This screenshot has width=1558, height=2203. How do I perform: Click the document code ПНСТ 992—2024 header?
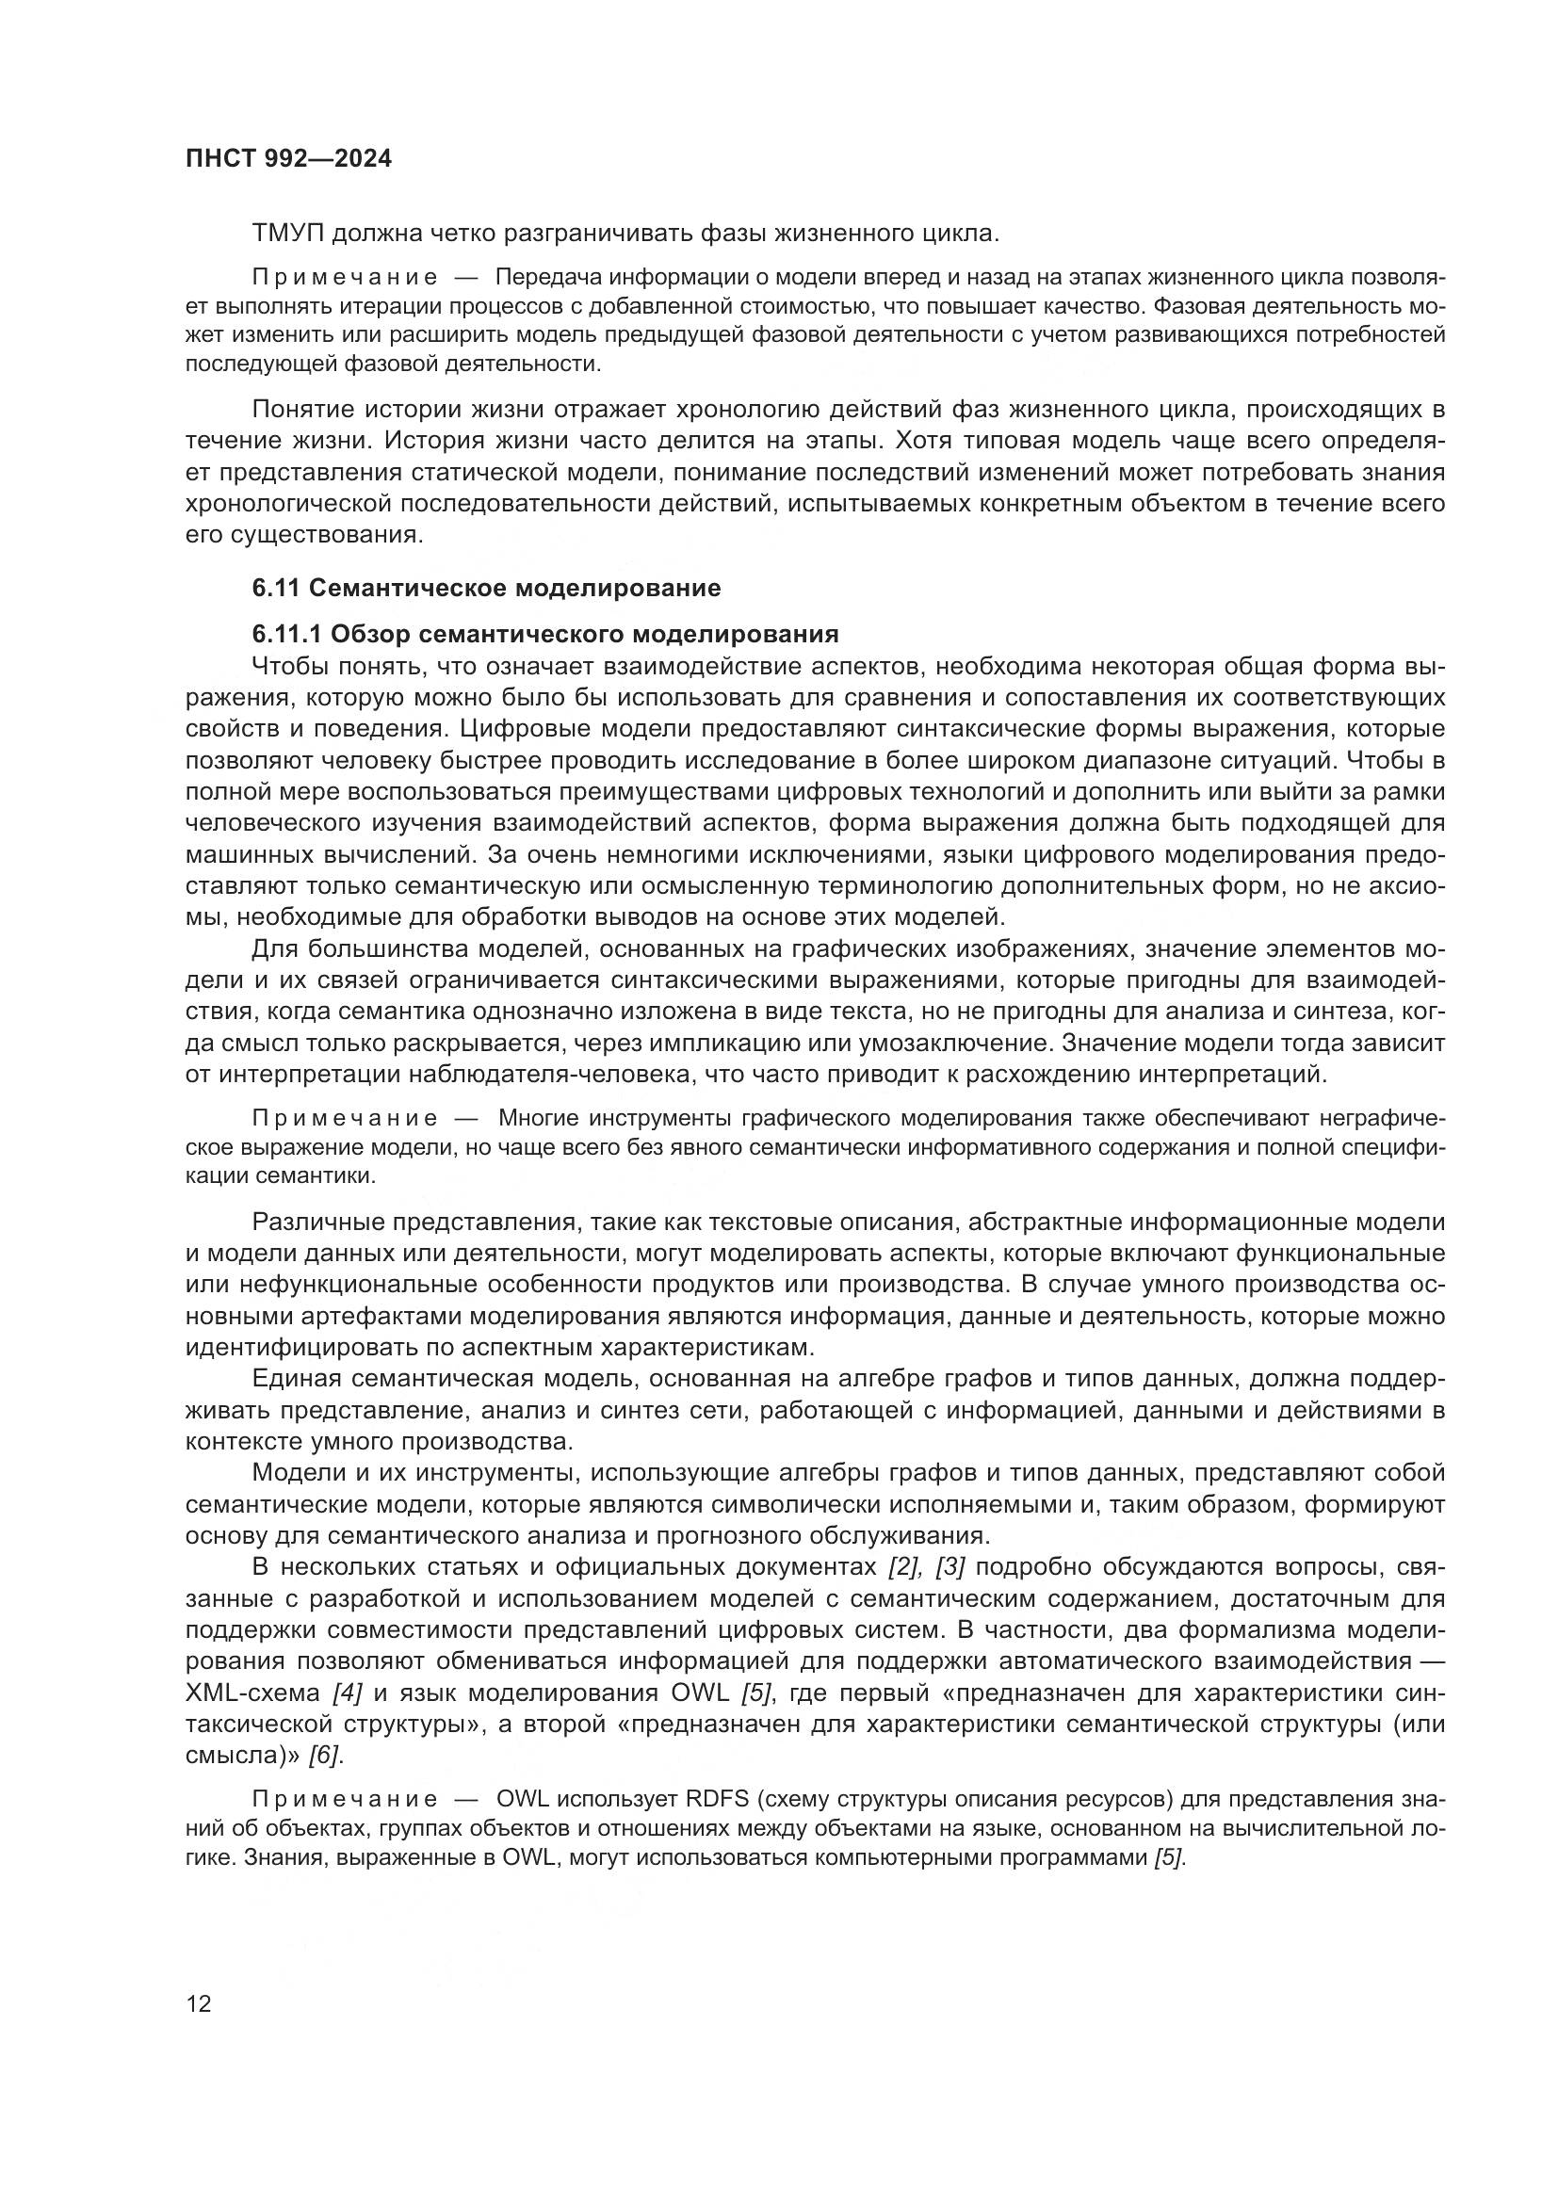click(x=288, y=159)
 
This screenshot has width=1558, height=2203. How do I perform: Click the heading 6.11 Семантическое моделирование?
click(x=486, y=588)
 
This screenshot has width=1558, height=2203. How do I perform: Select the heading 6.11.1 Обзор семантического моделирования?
click(x=544, y=634)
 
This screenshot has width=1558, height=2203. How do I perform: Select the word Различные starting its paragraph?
click(x=318, y=1223)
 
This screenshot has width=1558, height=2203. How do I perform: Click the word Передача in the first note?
click(x=539, y=278)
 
